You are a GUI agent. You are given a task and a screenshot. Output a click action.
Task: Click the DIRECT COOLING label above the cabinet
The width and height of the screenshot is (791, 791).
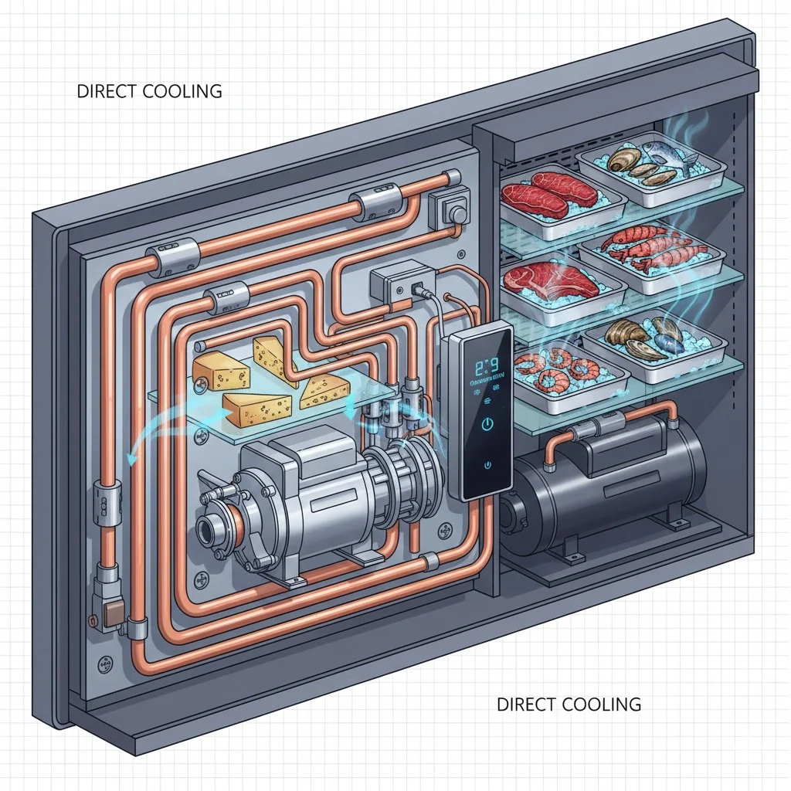click(x=149, y=91)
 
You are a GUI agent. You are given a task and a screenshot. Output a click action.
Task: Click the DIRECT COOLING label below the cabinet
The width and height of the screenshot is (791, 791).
click(x=569, y=704)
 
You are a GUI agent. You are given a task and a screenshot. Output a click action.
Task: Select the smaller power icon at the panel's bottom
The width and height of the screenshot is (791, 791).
click(x=487, y=465)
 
